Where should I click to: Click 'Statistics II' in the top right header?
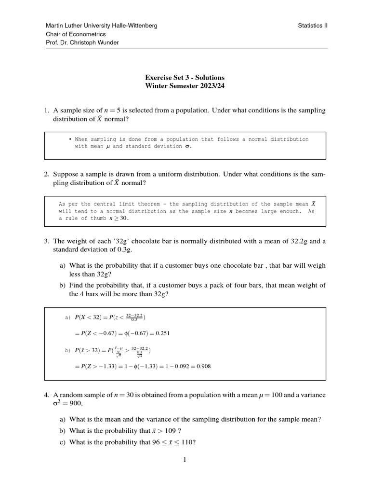(x=313, y=26)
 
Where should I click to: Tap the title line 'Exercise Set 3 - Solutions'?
(x=185, y=77)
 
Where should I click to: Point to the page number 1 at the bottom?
(x=185, y=460)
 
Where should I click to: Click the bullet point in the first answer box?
(x=70, y=139)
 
